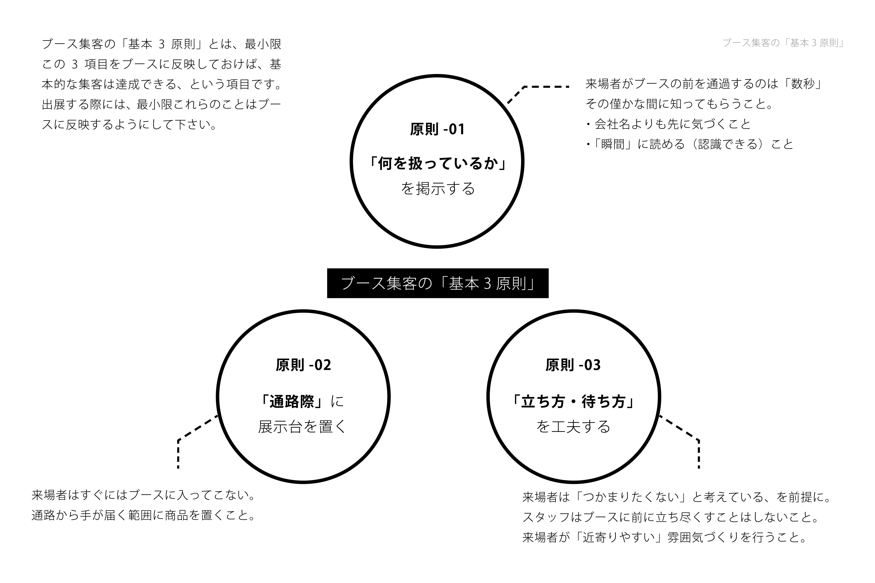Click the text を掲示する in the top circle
point(437,189)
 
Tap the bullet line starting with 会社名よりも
point(668,124)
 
